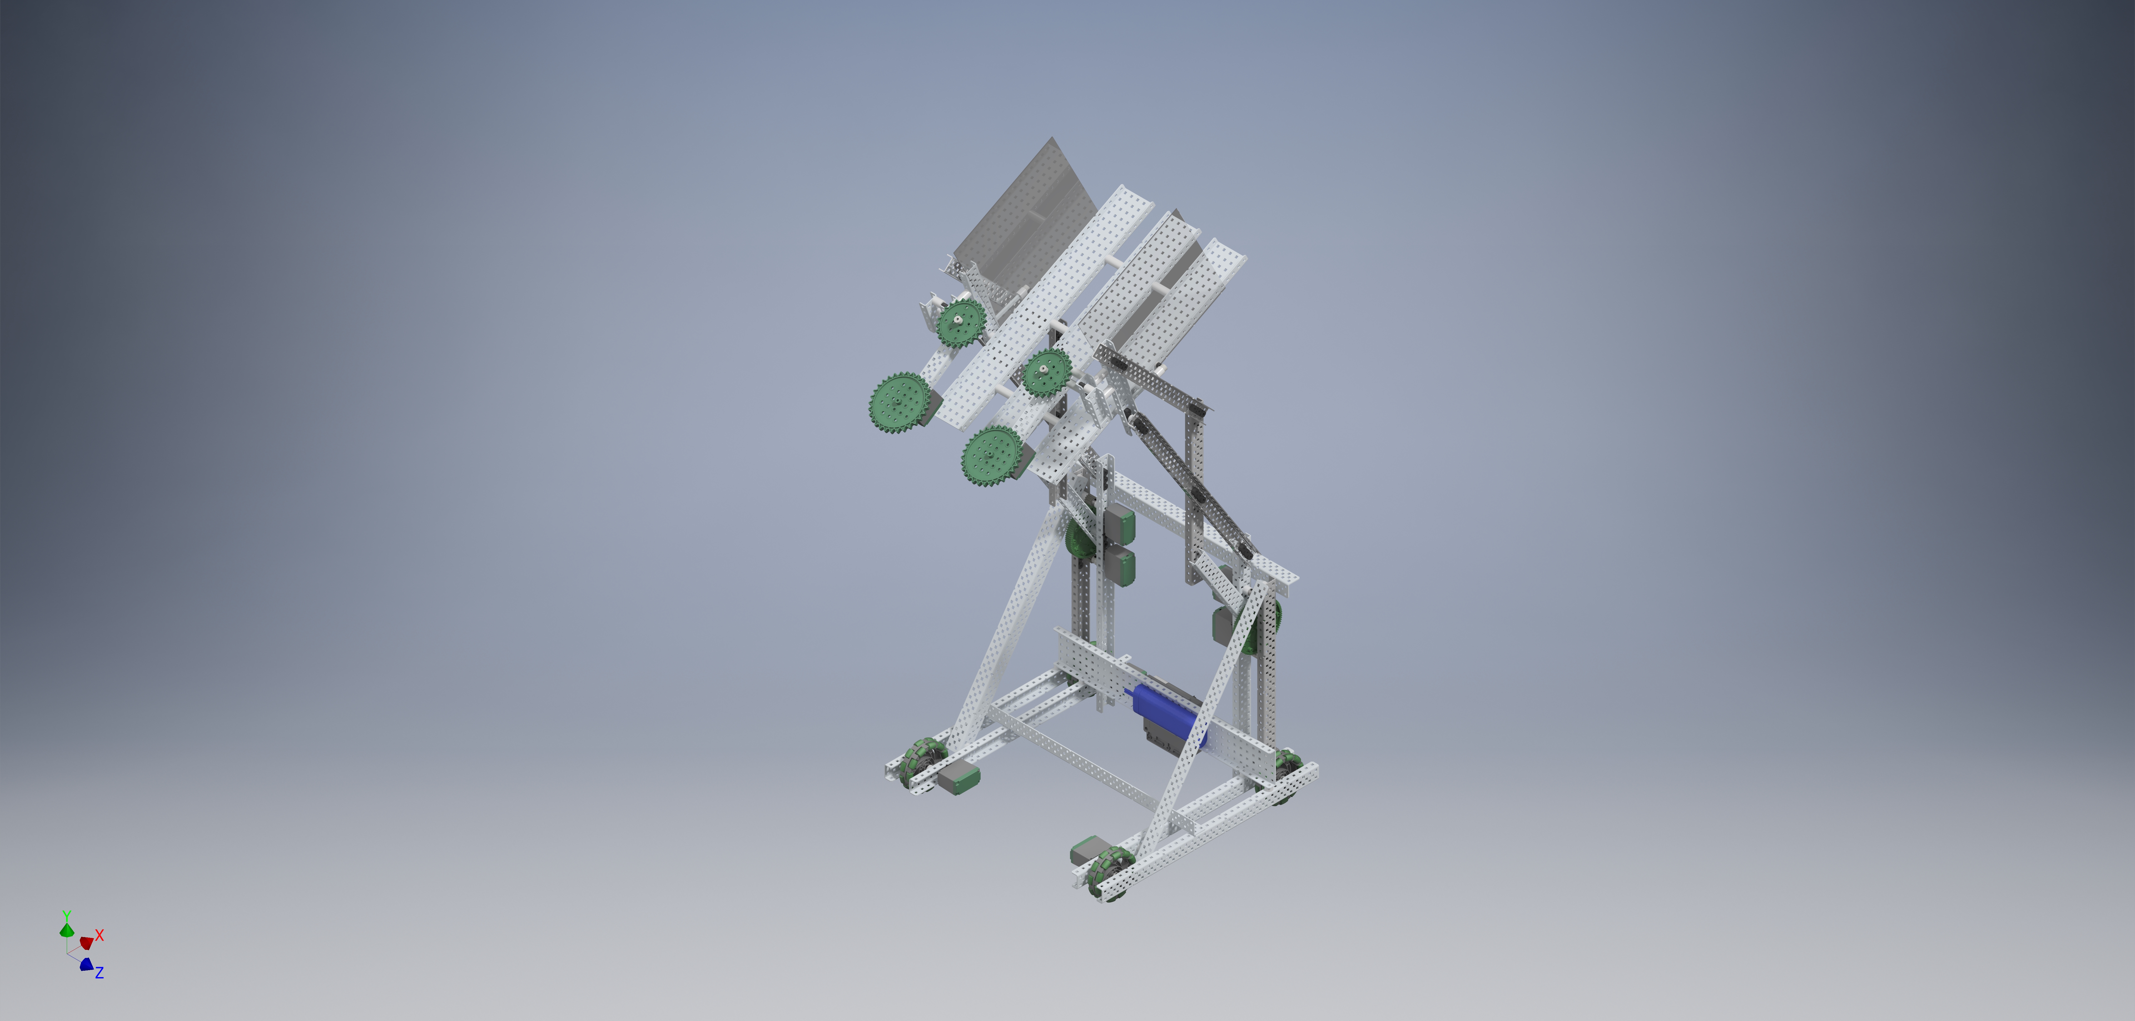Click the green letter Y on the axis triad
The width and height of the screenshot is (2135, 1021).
tap(66, 915)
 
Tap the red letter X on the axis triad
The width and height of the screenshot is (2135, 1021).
tap(100, 935)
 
